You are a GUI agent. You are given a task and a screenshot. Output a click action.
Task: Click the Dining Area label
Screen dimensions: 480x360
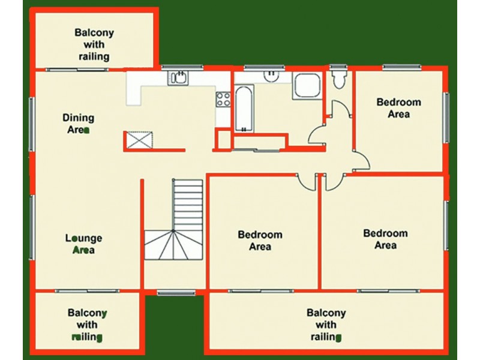[x=79, y=124]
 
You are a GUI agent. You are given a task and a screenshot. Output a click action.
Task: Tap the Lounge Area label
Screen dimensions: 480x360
[x=83, y=244]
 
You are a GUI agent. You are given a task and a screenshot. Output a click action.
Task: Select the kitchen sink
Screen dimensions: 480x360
[x=178, y=78]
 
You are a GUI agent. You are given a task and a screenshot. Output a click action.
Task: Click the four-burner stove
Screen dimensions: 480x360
[x=223, y=99]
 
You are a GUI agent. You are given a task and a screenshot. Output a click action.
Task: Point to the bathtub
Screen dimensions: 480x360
[x=244, y=109]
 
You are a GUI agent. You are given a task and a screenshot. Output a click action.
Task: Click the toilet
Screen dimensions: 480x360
[x=339, y=78]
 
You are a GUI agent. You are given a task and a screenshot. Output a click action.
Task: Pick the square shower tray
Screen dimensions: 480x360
[x=307, y=86]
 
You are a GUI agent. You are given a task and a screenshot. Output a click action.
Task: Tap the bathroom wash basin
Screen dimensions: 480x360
[x=271, y=76]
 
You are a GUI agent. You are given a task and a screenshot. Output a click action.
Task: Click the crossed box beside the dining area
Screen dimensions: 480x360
[x=140, y=140]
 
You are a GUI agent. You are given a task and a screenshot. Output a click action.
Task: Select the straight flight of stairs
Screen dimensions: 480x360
[x=188, y=205]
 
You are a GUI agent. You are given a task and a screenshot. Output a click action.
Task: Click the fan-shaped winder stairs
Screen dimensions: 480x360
[x=173, y=245]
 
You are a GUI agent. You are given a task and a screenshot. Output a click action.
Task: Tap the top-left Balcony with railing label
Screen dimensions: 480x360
[x=94, y=44]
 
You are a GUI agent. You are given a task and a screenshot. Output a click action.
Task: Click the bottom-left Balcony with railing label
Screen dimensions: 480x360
[x=87, y=325]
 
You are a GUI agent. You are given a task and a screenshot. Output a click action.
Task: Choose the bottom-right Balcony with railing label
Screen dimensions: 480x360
[x=326, y=325]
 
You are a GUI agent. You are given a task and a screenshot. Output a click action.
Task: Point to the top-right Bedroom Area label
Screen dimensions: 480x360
[x=398, y=108]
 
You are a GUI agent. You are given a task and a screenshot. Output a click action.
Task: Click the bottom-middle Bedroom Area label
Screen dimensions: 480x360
[x=260, y=241]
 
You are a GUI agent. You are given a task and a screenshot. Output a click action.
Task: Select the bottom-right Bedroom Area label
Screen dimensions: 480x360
[x=385, y=239]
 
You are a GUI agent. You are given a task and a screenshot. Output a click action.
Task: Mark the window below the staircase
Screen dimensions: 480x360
[x=176, y=293]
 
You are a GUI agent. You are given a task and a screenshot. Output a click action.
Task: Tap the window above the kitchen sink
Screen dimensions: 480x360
[x=182, y=67]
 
